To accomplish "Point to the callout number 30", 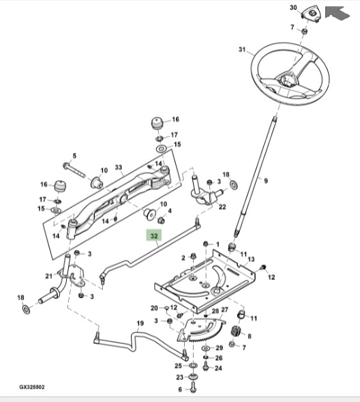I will [294, 8].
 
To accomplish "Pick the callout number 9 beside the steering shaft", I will [266, 182].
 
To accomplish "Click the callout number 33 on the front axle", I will [118, 167].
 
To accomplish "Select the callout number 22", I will [222, 207].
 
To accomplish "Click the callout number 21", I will [48, 276].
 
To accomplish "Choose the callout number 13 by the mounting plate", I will [251, 259].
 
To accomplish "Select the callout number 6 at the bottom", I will [181, 390].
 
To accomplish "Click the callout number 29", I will [219, 348].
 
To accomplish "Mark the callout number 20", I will [154, 308].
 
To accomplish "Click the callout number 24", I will [218, 368].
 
